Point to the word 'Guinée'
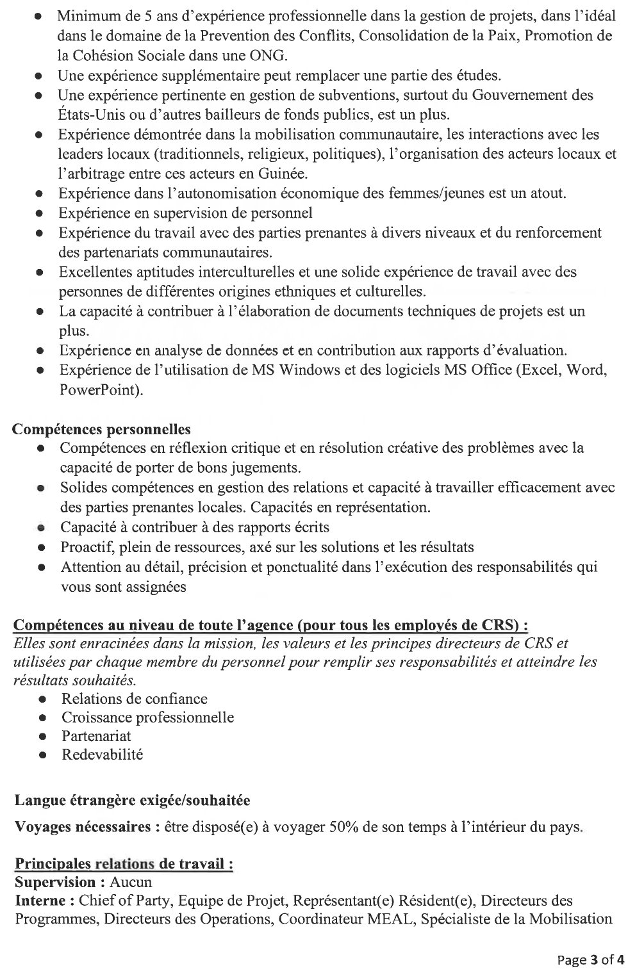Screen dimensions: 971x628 pos(286,174)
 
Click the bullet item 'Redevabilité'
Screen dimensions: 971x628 pos(102,755)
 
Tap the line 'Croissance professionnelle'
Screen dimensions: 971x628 pos(147,717)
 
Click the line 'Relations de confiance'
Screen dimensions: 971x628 pos(134,699)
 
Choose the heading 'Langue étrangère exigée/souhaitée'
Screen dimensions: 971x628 pos(133,800)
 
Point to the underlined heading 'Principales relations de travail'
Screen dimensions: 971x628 pos(123,864)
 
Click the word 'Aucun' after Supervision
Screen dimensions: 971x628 pos(131,882)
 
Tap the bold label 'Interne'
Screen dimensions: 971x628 pos(40,901)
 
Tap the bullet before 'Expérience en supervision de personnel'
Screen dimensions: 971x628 pos(40,213)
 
